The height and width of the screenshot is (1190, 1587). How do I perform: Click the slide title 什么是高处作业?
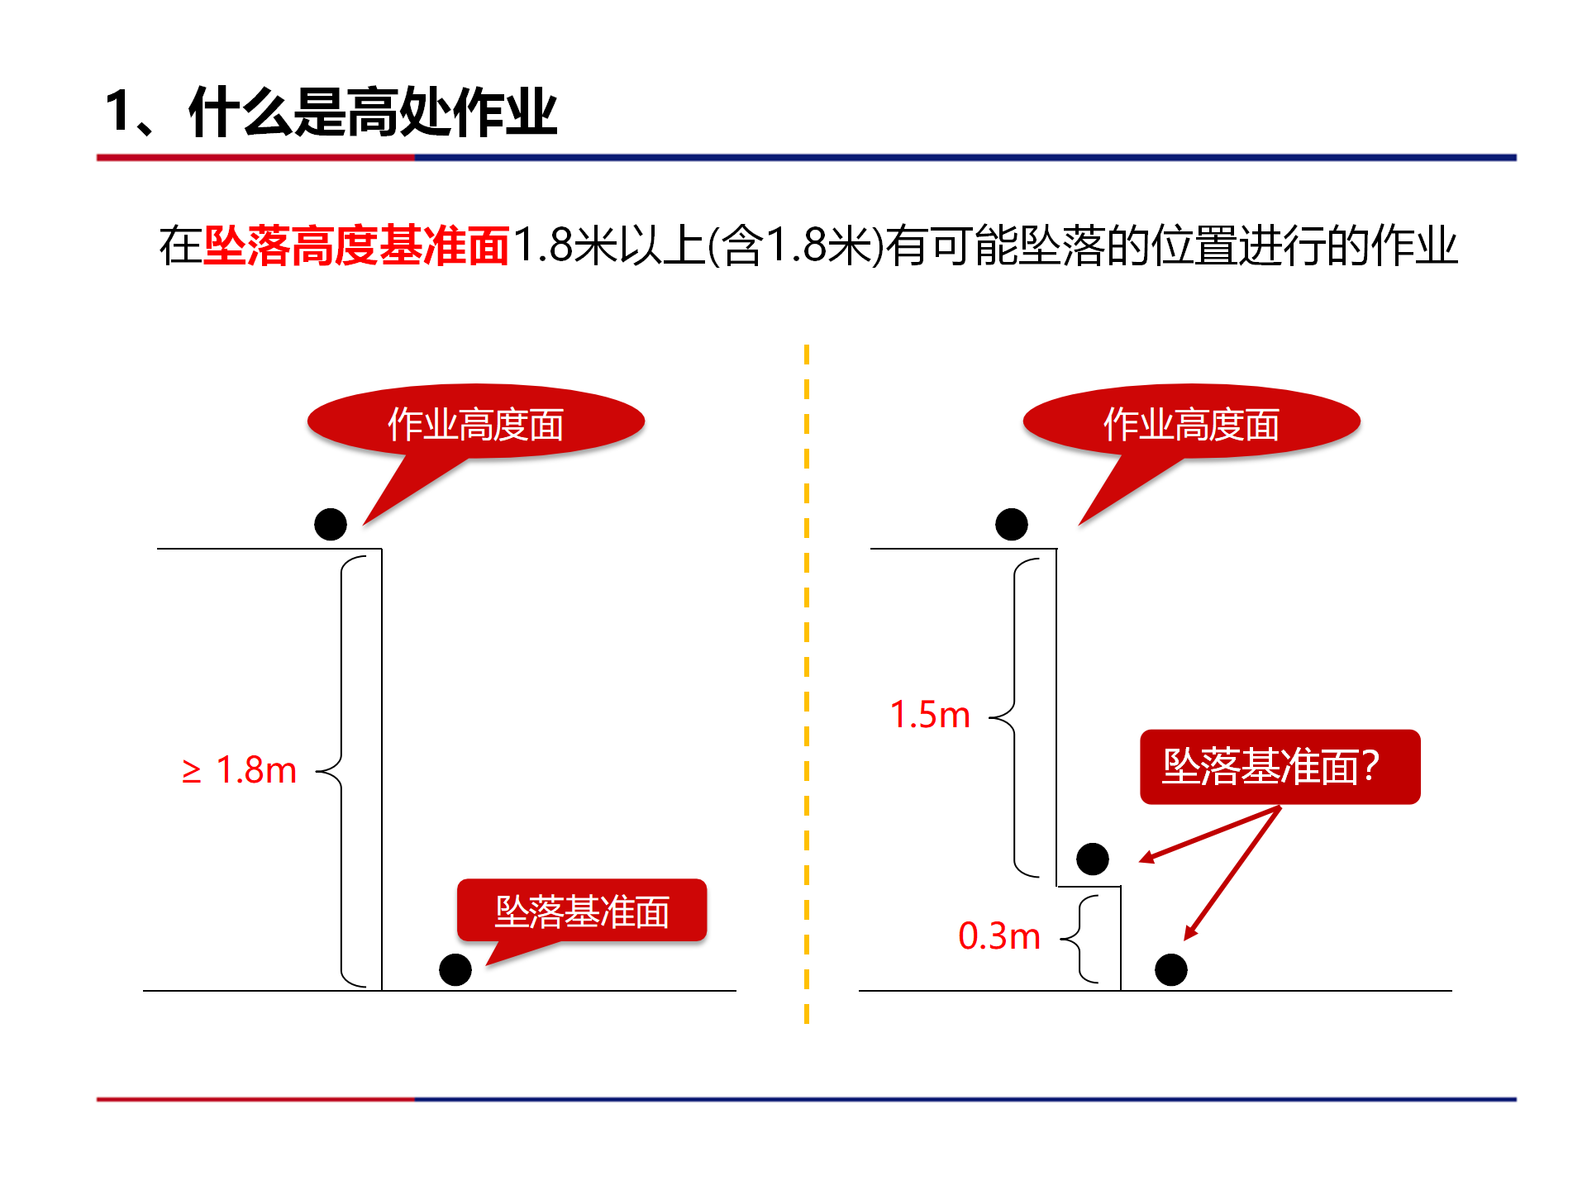click(373, 112)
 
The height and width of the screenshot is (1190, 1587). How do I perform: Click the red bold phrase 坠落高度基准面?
click(356, 245)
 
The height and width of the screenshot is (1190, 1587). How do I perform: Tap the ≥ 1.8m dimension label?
click(239, 770)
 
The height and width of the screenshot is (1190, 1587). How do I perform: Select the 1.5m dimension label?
click(930, 715)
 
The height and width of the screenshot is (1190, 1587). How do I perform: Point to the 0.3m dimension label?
click(998, 936)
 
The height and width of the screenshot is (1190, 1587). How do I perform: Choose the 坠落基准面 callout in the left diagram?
click(582, 911)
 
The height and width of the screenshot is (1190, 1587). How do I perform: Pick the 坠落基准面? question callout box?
click(1280, 767)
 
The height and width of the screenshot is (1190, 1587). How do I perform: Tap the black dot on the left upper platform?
click(331, 524)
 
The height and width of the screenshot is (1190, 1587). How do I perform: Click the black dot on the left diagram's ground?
click(455, 969)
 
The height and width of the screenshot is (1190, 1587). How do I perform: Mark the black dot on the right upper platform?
click(1012, 524)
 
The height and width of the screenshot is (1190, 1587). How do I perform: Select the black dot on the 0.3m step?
click(1093, 859)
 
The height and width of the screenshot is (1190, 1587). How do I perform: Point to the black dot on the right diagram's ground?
click(1171, 969)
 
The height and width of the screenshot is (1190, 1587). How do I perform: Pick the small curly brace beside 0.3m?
click(1080, 939)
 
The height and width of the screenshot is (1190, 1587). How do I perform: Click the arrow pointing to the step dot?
click(1209, 835)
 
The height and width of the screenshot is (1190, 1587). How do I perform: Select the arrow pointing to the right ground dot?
click(1232, 873)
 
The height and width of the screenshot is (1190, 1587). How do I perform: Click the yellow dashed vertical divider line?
click(807, 684)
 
